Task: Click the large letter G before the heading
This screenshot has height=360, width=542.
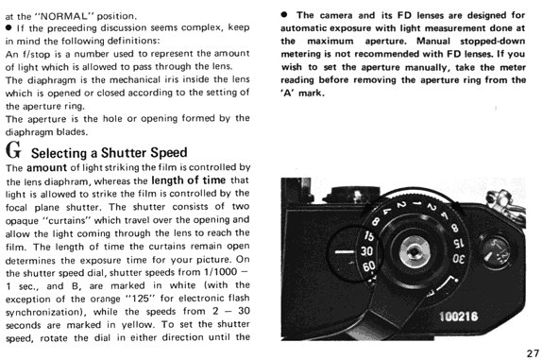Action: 13,150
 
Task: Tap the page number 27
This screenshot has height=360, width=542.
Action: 533,353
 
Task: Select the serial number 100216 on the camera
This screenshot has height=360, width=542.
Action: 458,317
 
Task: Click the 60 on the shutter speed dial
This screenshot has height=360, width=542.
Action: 368,266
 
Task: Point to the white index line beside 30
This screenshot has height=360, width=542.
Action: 345,251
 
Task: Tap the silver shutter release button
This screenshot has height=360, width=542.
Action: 415,251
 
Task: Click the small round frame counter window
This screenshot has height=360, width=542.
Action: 496,251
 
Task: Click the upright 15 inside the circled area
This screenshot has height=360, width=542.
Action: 369,236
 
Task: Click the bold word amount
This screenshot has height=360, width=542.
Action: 46,168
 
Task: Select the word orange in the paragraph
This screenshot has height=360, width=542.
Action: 106,299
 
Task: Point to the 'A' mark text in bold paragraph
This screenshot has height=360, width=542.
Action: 302,94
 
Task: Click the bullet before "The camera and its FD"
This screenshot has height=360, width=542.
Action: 284,15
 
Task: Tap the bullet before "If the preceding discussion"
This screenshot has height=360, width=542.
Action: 8,28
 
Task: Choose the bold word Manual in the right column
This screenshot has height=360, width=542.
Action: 433,42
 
